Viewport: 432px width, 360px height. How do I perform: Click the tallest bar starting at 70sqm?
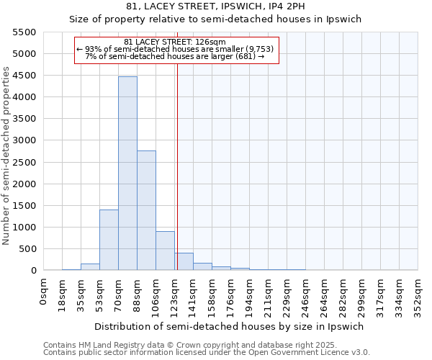[127, 173]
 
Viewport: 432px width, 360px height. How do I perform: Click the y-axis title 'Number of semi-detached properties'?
[7, 156]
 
